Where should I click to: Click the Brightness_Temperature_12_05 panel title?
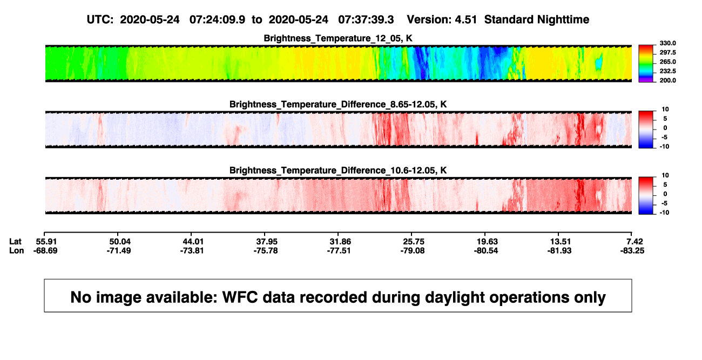pos(338,38)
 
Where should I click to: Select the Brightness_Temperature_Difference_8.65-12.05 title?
pos(338,104)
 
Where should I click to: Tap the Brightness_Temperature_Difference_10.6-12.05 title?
pos(338,171)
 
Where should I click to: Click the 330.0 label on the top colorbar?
pos(667,43)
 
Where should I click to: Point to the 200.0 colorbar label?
pos(667,80)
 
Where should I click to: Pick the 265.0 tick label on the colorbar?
pos(667,62)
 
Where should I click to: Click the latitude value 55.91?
pos(46,242)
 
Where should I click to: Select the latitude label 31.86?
pos(340,242)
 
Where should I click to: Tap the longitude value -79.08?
pos(412,250)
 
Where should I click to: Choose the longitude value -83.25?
pos(632,250)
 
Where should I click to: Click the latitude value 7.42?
pos(634,242)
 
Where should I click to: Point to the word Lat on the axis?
pos(15,242)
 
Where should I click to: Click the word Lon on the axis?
pos(16,250)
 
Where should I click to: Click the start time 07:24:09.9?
pos(217,19)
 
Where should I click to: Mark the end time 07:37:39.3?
pos(366,19)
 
